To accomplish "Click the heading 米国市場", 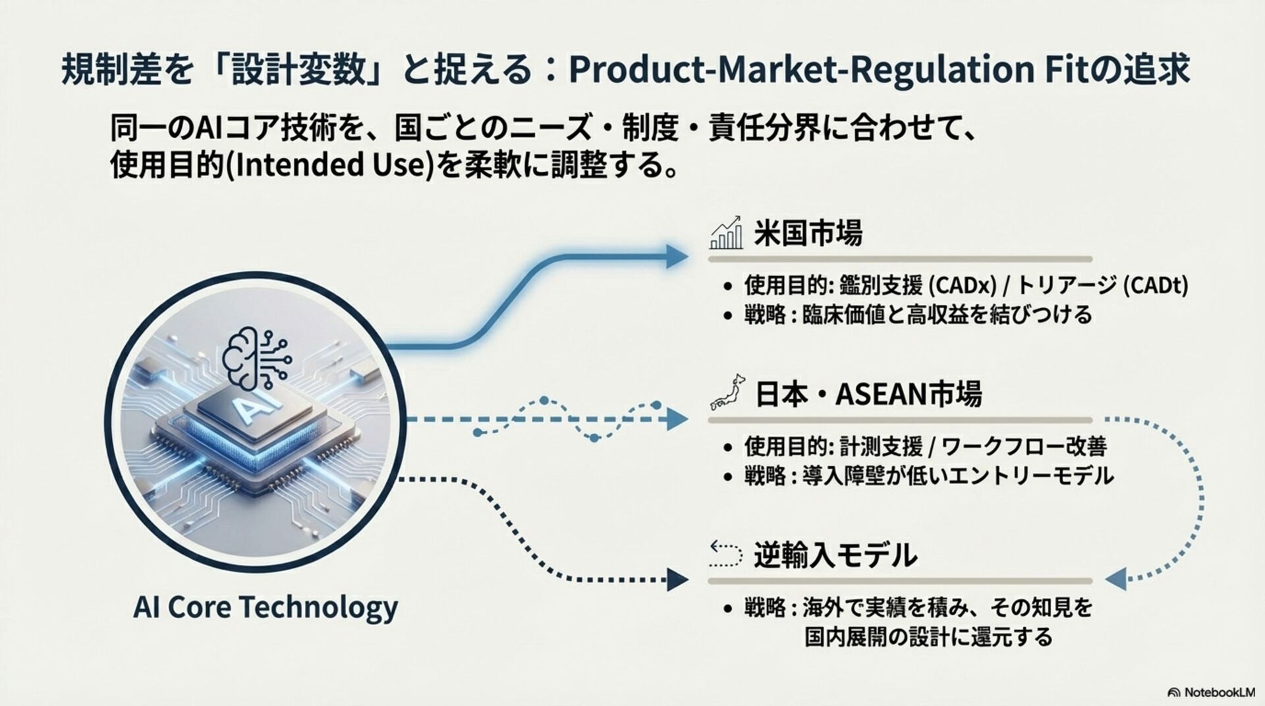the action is pyautogui.click(x=808, y=233).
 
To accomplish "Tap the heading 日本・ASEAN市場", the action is pyautogui.click(x=868, y=394).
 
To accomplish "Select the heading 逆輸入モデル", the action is pyautogui.click(x=835, y=555).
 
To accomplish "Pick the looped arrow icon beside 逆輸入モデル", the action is pyautogui.click(x=726, y=555).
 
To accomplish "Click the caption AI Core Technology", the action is pyautogui.click(x=266, y=607).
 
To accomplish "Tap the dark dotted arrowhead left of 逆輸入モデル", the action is pyautogui.click(x=677, y=580).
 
